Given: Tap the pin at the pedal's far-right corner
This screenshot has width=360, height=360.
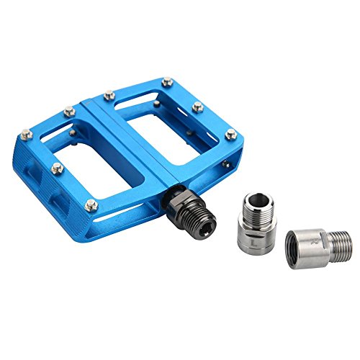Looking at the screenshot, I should [231, 134].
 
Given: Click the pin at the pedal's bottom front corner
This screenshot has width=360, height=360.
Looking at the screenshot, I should [91, 206].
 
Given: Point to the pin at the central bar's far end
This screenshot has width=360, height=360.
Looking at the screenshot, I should [109, 94].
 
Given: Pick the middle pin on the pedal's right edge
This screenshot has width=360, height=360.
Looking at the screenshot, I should [198, 108].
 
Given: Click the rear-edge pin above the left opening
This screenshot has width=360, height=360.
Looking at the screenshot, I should [70, 112].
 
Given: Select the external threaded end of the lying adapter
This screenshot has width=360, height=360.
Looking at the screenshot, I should [338, 241].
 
